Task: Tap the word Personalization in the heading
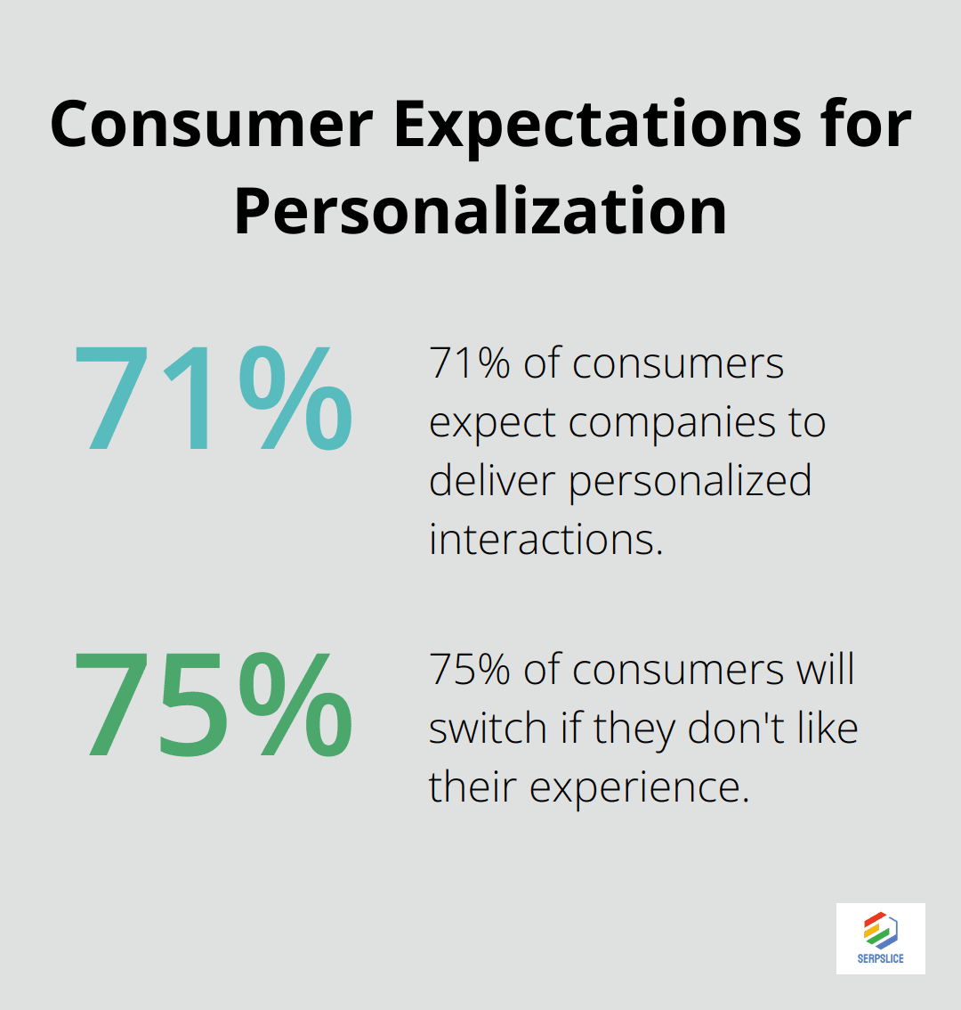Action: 480,211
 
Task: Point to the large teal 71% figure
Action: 213,400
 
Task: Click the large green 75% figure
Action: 213,705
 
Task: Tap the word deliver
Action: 493,481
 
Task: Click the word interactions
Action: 545,539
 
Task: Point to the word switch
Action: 488,729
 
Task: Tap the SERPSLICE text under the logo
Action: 880,958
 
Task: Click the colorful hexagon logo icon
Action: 880,930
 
